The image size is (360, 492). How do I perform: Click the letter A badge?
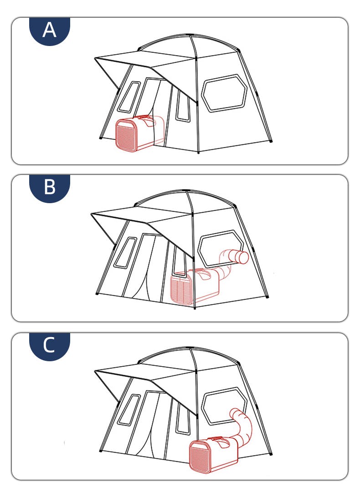pos(50,31)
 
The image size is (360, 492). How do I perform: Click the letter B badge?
pos(50,188)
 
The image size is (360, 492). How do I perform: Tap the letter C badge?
pos(50,346)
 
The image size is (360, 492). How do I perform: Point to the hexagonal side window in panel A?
pos(224,93)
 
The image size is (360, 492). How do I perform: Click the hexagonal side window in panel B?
pos(221,248)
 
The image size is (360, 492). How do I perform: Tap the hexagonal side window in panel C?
pos(224,407)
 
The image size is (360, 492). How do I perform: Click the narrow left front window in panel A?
pos(129,97)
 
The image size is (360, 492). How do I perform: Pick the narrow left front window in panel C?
pos(129,410)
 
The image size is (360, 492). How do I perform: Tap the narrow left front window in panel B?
pos(125,252)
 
